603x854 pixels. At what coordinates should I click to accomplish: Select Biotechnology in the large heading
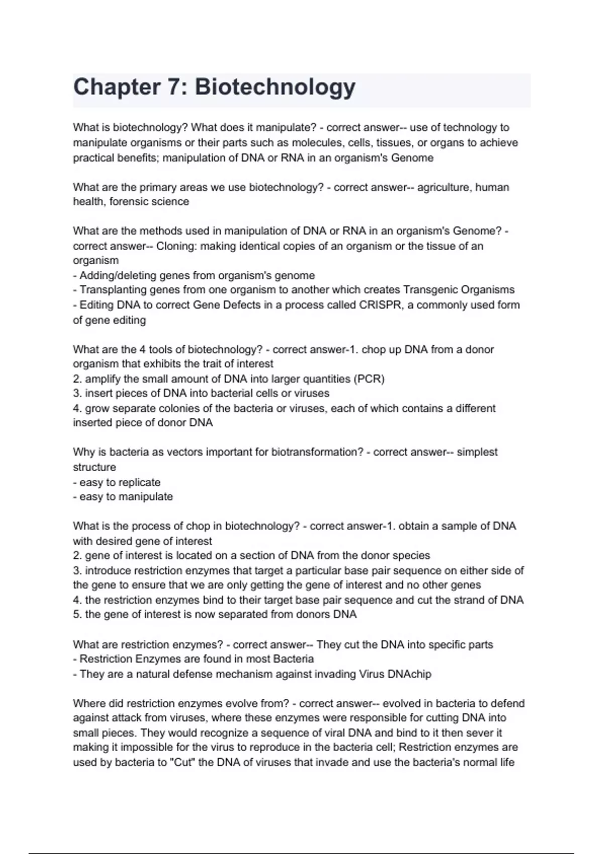tap(275, 87)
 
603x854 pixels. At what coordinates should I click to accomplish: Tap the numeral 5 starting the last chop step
tap(76, 614)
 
